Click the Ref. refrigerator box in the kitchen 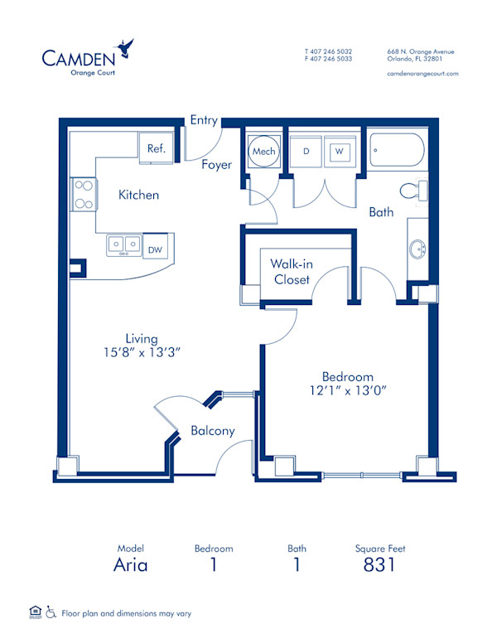click(x=157, y=148)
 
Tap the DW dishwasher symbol click(x=154, y=247)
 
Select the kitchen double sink click(x=123, y=245)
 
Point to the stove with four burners click(x=83, y=194)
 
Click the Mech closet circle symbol click(x=264, y=152)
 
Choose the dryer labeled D click(x=306, y=152)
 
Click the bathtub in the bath click(x=397, y=151)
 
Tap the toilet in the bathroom click(x=413, y=191)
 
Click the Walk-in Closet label click(x=292, y=272)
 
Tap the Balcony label click(x=213, y=431)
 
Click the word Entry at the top click(x=204, y=120)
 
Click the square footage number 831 click(x=379, y=565)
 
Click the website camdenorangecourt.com click(x=422, y=74)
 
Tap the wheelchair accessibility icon click(x=51, y=613)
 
